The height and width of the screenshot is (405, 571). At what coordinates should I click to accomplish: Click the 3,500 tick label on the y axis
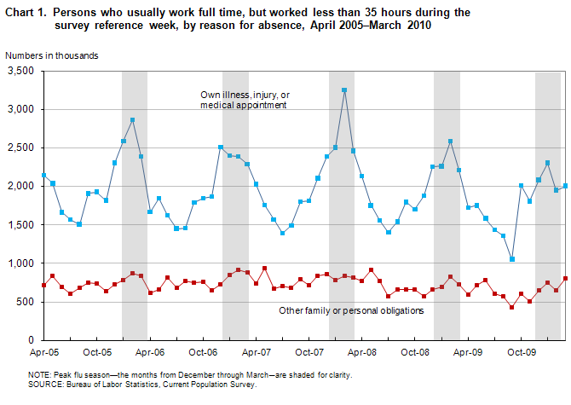pos(20,71)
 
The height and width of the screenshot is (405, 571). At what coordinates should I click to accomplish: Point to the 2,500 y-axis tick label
pos(20,148)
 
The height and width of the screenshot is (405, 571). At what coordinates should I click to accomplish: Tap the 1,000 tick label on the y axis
pos(20,263)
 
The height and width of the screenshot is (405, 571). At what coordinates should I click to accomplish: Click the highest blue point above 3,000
pos(344,90)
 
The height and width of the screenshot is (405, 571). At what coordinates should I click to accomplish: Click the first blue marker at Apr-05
pos(44,176)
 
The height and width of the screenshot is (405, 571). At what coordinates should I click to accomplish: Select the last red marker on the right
pos(565,278)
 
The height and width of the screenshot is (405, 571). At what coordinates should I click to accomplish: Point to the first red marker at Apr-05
pos(44,285)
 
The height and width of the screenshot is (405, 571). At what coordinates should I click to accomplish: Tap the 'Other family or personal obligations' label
pos(351,310)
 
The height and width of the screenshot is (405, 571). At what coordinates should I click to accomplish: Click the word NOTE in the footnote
pos(40,374)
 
